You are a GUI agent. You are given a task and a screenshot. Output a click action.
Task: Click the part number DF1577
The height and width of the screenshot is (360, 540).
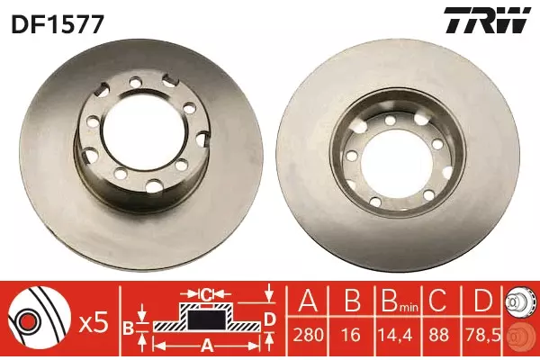click(x=58, y=24)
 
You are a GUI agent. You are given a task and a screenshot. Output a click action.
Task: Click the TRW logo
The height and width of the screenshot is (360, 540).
click(x=487, y=21)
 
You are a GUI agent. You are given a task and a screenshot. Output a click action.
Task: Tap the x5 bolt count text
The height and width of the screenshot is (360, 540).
click(x=94, y=323)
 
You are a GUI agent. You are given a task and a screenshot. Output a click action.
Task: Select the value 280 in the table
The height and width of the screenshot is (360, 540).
click(x=308, y=335)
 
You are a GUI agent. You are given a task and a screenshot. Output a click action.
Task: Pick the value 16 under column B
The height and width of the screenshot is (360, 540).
click(x=352, y=335)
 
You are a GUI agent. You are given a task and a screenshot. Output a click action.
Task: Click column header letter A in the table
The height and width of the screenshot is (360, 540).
click(x=308, y=301)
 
